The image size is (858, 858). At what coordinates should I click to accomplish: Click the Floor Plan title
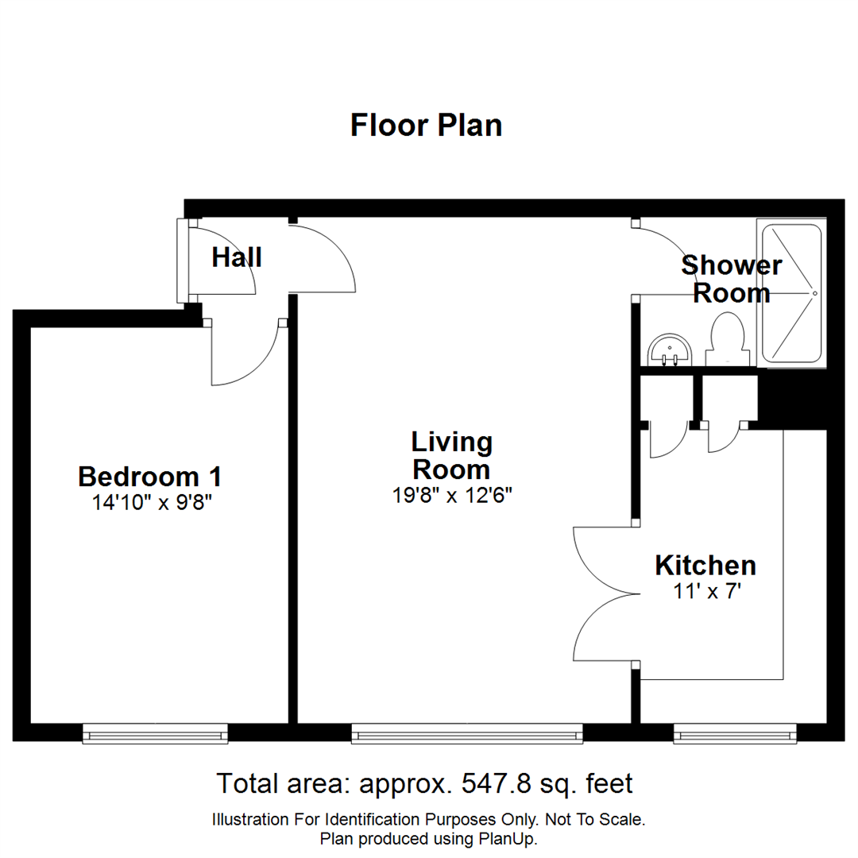(x=427, y=126)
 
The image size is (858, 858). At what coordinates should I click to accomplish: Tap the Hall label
(x=237, y=257)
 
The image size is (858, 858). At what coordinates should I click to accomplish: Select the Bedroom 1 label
(x=150, y=477)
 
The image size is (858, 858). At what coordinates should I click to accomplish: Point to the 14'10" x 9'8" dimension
(x=150, y=502)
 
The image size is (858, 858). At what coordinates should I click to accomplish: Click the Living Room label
(x=451, y=454)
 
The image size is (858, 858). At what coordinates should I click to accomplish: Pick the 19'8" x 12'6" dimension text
(x=451, y=495)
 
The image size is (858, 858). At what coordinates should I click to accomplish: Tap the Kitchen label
(x=705, y=566)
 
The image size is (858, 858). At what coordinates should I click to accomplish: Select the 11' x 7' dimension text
(x=705, y=592)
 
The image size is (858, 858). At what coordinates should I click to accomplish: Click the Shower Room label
(x=731, y=279)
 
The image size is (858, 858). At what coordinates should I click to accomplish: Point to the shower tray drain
(x=814, y=293)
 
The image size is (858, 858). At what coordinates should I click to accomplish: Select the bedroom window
(x=155, y=734)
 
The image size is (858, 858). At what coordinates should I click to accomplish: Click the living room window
(x=467, y=734)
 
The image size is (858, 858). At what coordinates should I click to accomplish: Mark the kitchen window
(x=735, y=734)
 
